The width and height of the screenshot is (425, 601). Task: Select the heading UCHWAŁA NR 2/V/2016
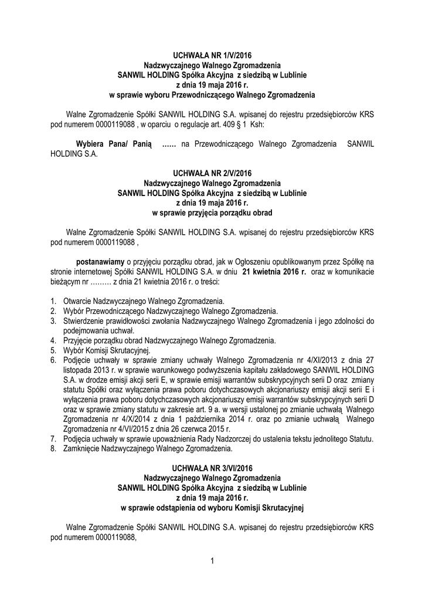212,173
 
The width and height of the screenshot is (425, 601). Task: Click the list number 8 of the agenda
53,449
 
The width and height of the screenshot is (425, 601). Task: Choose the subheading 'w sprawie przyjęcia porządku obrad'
212,212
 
